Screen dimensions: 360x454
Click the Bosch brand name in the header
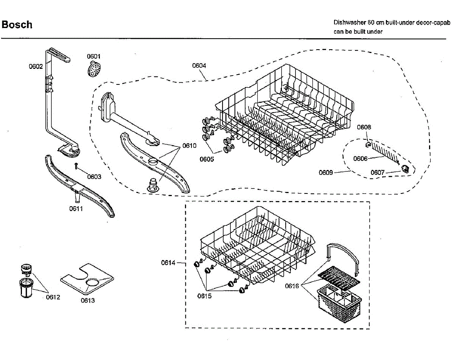click(x=17, y=25)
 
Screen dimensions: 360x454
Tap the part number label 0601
click(x=94, y=56)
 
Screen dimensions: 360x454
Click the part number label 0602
click(x=36, y=67)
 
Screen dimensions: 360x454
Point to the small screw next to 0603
click(x=76, y=165)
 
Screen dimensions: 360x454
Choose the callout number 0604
click(x=199, y=65)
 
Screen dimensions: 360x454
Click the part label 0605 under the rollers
click(x=207, y=159)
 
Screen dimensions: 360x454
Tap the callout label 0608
click(x=364, y=127)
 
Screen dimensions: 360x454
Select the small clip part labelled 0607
click(x=405, y=168)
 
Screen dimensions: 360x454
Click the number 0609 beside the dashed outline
click(x=325, y=173)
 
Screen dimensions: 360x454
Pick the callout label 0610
click(x=189, y=146)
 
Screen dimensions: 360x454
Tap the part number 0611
click(x=76, y=209)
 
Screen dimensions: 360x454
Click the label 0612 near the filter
click(x=53, y=297)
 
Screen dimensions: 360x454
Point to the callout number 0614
click(x=168, y=263)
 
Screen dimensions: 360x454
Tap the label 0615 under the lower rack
click(x=204, y=296)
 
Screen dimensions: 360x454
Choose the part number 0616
click(x=292, y=286)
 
